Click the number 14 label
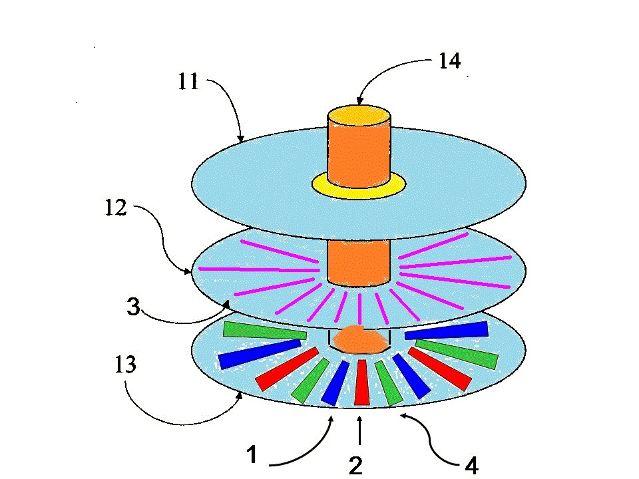[x=449, y=61]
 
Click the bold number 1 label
[x=251, y=456]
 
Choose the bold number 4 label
[x=471, y=466]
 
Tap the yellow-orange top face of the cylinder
[x=358, y=115]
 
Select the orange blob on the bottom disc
[x=359, y=341]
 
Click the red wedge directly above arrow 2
[x=361, y=382]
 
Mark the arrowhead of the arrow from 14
[x=360, y=101]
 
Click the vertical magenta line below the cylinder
[x=359, y=307]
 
